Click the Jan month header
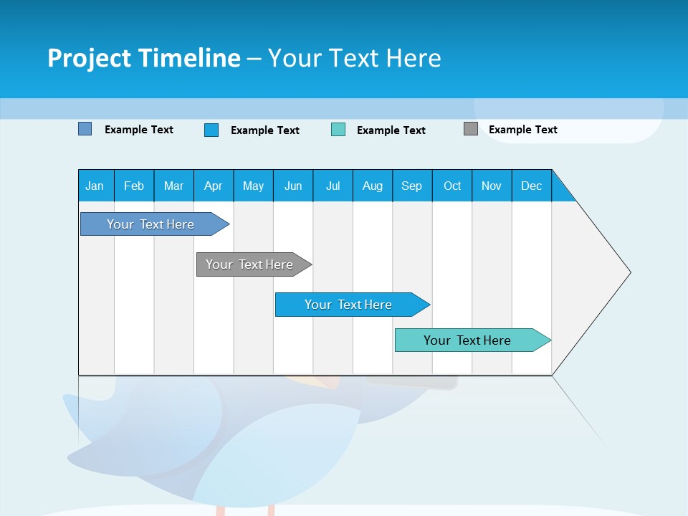(x=95, y=186)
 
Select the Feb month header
(x=134, y=186)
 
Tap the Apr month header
(x=213, y=186)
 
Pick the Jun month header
(x=293, y=186)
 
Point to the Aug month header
(x=372, y=186)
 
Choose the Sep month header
(x=411, y=186)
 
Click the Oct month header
(x=452, y=186)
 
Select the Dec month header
(x=531, y=186)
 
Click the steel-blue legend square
(x=85, y=129)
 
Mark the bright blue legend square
(x=211, y=130)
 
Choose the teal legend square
(x=338, y=130)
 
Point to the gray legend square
(x=471, y=129)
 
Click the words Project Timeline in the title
(x=143, y=58)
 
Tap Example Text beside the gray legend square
(x=522, y=130)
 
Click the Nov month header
(x=492, y=186)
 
